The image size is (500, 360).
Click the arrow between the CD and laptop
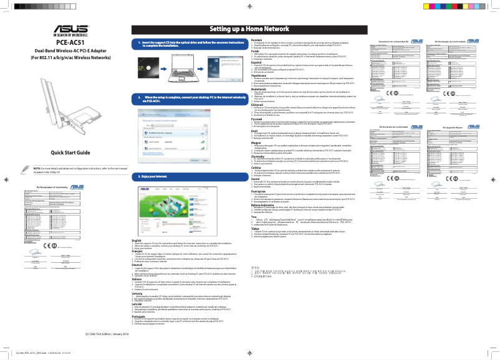[x=161, y=67]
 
